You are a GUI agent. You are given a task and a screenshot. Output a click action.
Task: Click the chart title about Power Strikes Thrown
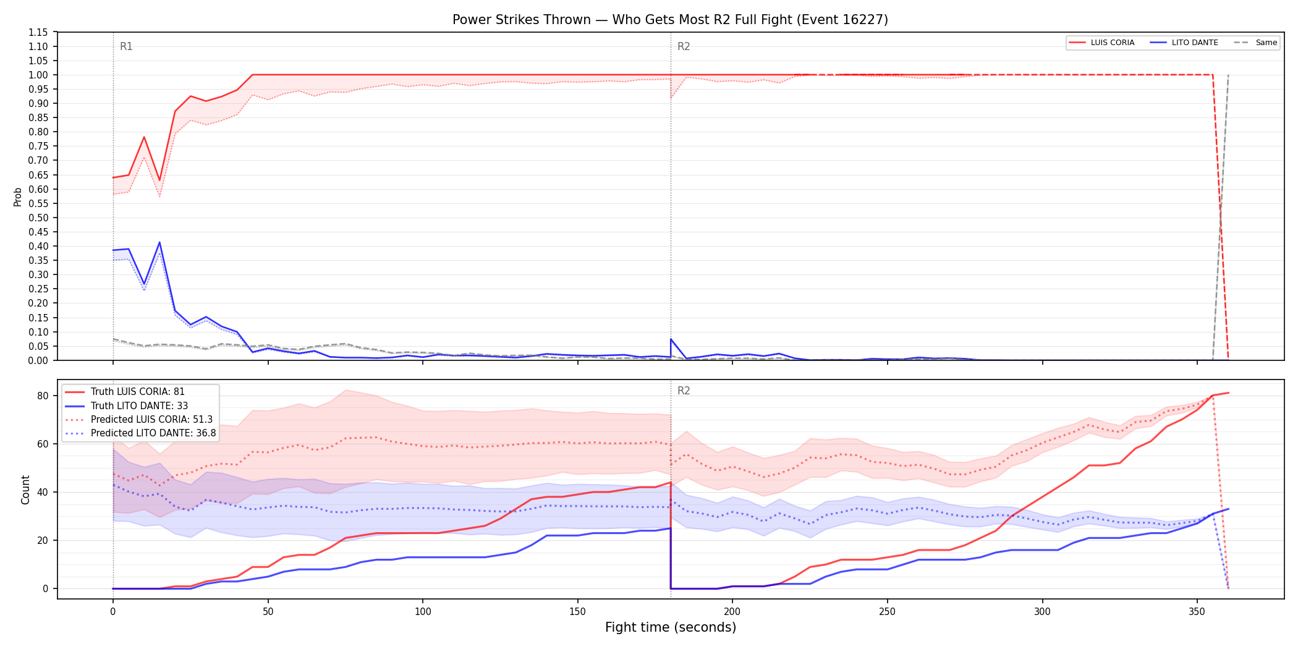(670, 20)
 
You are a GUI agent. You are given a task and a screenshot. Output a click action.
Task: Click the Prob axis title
(18, 197)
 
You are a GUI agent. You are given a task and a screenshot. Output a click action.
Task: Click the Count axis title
(25, 490)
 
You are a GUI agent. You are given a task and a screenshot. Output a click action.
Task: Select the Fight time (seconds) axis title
(671, 627)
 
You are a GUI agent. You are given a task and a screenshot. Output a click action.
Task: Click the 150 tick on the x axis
(577, 612)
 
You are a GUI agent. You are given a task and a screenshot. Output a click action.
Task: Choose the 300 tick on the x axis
(1042, 612)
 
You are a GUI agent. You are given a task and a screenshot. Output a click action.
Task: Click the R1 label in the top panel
(126, 46)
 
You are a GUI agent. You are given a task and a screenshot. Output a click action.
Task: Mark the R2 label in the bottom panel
(684, 391)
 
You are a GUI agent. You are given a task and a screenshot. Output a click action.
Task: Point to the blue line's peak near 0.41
(159, 242)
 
